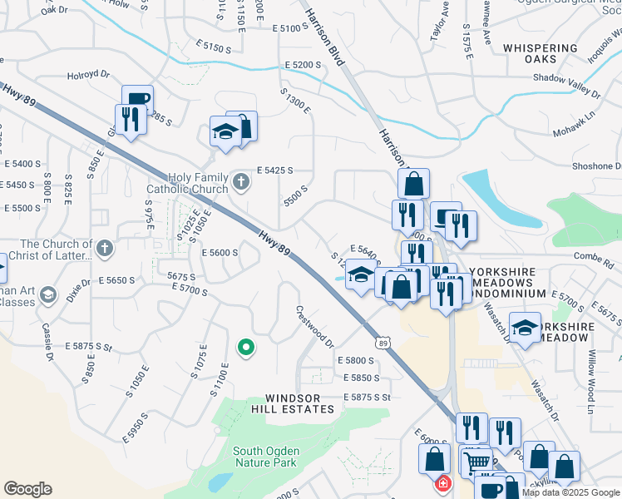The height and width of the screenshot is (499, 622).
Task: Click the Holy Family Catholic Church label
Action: pos(198,183)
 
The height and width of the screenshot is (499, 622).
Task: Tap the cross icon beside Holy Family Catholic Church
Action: pos(241,180)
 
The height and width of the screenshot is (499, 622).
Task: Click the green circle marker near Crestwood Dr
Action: pos(245,348)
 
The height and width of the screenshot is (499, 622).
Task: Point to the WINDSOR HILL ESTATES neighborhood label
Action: pos(299,403)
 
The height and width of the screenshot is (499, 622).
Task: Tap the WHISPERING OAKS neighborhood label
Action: pos(541,53)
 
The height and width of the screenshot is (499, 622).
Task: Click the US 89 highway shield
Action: pos(382,343)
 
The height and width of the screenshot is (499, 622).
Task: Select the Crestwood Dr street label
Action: pos(315,327)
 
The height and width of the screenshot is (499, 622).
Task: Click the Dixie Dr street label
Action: pos(80,290)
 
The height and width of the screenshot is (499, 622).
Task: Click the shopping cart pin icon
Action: pos(476,461)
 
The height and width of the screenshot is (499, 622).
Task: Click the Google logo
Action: pos(28,488)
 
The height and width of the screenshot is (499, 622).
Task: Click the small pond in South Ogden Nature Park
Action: pos(220,482)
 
